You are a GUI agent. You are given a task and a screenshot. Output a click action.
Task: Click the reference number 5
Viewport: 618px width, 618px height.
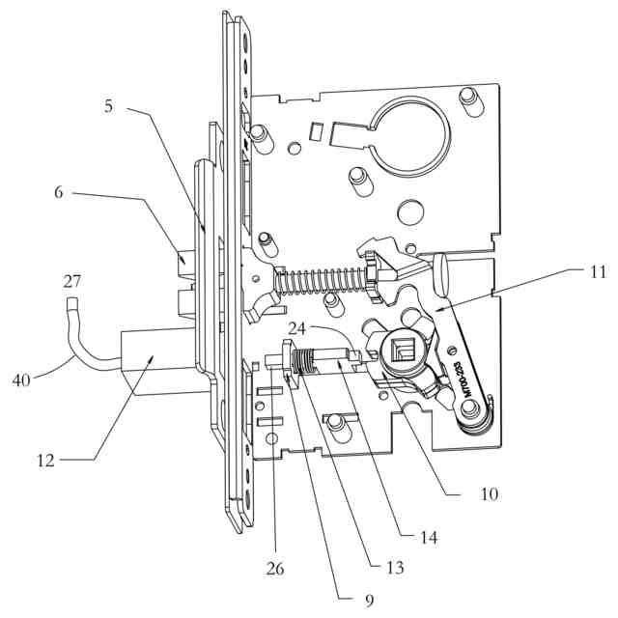[109, 106]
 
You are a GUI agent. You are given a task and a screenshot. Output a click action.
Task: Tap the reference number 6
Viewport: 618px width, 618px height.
[59, 192]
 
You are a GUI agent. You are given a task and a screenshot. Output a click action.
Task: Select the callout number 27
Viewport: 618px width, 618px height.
[71, 282]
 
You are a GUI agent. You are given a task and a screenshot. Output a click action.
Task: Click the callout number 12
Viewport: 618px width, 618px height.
[45, 460]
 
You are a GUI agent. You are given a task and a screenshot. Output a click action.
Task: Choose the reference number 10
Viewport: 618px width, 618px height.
[489, 493]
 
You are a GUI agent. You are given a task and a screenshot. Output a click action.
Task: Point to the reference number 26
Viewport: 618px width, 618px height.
[275, 569]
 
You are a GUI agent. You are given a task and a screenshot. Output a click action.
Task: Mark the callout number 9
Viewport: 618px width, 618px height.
[368, 601]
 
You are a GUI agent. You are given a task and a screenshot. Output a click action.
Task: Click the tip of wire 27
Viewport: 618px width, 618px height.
[71, 307]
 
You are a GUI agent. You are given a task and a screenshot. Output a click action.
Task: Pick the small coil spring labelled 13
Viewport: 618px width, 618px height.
[307, 361]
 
